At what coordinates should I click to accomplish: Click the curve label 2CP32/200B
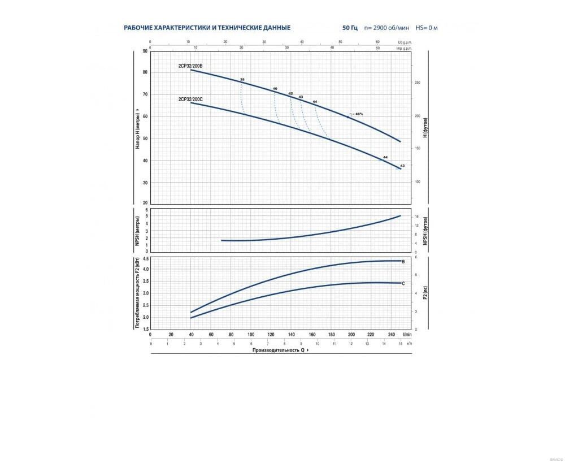coord(190,66)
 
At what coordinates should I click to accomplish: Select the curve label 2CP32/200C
coord(190,99)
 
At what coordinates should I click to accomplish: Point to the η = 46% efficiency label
coord(356,114)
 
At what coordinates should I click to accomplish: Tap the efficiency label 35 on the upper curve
coord(242,79)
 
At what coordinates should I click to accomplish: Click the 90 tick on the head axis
coord(145,51)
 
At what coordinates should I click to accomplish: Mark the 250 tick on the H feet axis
coord(418,83)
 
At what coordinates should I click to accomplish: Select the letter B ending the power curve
coord(403,262)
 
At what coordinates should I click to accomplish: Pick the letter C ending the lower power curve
coord(403,283)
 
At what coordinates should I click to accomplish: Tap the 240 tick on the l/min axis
coord(390,335)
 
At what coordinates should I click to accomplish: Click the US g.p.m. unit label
coord(405,42)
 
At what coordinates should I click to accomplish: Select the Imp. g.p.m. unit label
coord(404,48)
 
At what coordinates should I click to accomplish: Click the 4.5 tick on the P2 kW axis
coord(145,259)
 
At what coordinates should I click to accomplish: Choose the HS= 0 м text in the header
coord(427,28)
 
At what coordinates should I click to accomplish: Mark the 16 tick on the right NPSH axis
coord(416,217)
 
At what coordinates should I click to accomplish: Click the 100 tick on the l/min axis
coord(251,335)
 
